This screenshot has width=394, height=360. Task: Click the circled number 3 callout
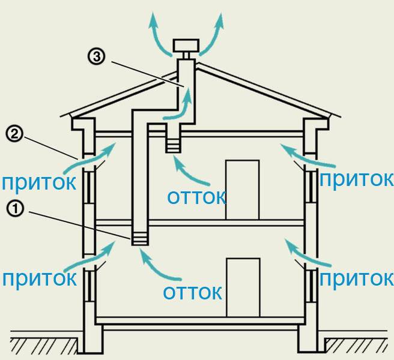[x=96, y=56]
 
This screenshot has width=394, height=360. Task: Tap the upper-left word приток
[x=38, y=182]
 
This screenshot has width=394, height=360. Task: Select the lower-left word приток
[x=40, y=278]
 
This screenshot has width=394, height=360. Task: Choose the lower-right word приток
[x=356, y=278]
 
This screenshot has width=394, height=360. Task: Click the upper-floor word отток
[x=196, y=197]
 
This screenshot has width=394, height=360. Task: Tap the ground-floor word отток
[x=192, y=292]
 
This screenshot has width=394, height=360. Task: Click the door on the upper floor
[x=243, y=190]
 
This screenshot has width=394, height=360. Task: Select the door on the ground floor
[x=243, y=287]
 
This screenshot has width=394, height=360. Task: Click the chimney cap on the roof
[x=186, y=46]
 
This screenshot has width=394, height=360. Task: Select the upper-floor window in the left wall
[x=89, y=187]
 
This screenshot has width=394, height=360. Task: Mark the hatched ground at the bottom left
[x=44, y=346]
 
